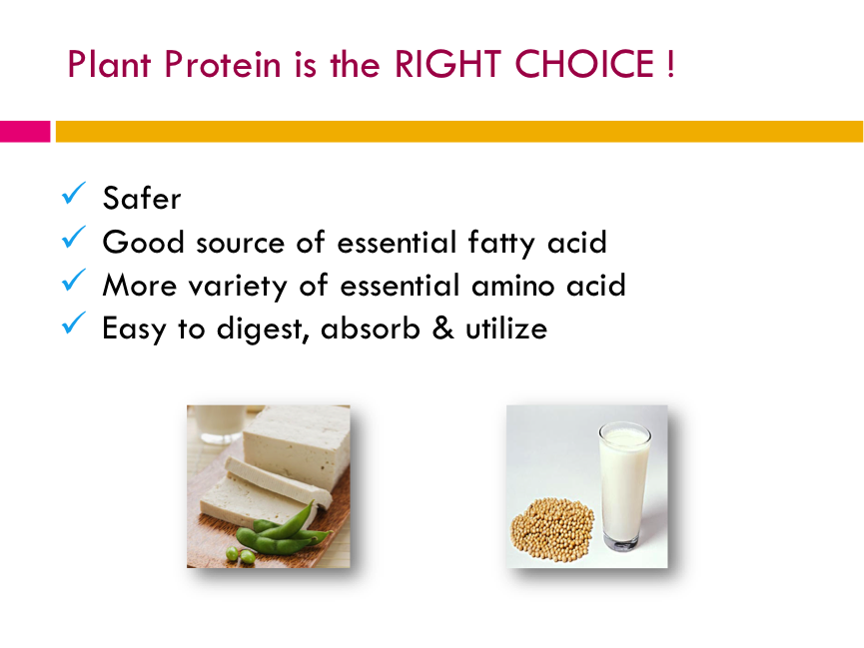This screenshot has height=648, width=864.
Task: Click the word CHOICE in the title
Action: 584,65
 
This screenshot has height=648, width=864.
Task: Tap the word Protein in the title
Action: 223,65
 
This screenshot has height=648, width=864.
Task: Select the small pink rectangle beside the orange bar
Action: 25,132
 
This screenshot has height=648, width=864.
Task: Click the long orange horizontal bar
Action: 459,132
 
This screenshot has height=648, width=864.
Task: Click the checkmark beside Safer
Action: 74,193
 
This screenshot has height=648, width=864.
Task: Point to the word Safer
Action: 142,198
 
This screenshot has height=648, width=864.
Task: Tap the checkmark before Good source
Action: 74,237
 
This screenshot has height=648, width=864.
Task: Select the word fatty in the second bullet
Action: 500,243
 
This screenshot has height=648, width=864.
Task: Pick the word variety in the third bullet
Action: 238,287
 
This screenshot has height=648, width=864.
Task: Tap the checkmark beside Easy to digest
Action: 74,323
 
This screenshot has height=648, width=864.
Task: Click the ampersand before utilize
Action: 443,327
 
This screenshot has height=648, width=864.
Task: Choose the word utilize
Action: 506,328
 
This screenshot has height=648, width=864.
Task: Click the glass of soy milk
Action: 625,486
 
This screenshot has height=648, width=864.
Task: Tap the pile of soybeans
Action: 552,530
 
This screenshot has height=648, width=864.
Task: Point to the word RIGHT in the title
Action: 447,65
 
